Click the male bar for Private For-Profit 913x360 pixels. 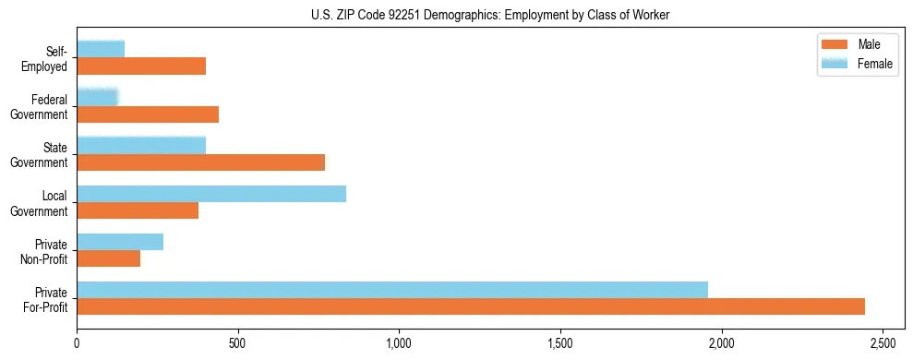[x=471, y=306]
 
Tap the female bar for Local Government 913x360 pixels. [x=211, y=194]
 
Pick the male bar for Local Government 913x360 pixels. [x=138, y=210]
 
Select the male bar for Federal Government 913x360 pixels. [x=148, y=114]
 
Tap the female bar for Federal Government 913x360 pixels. [x=98, y=97]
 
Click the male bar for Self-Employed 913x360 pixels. [x=141, y=66]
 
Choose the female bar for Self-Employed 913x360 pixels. [x=101, y=49]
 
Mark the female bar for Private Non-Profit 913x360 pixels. [x=120, y=242]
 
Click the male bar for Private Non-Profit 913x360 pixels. [x=109, y=258]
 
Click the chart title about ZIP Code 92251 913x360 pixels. [x=490, y=14]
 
